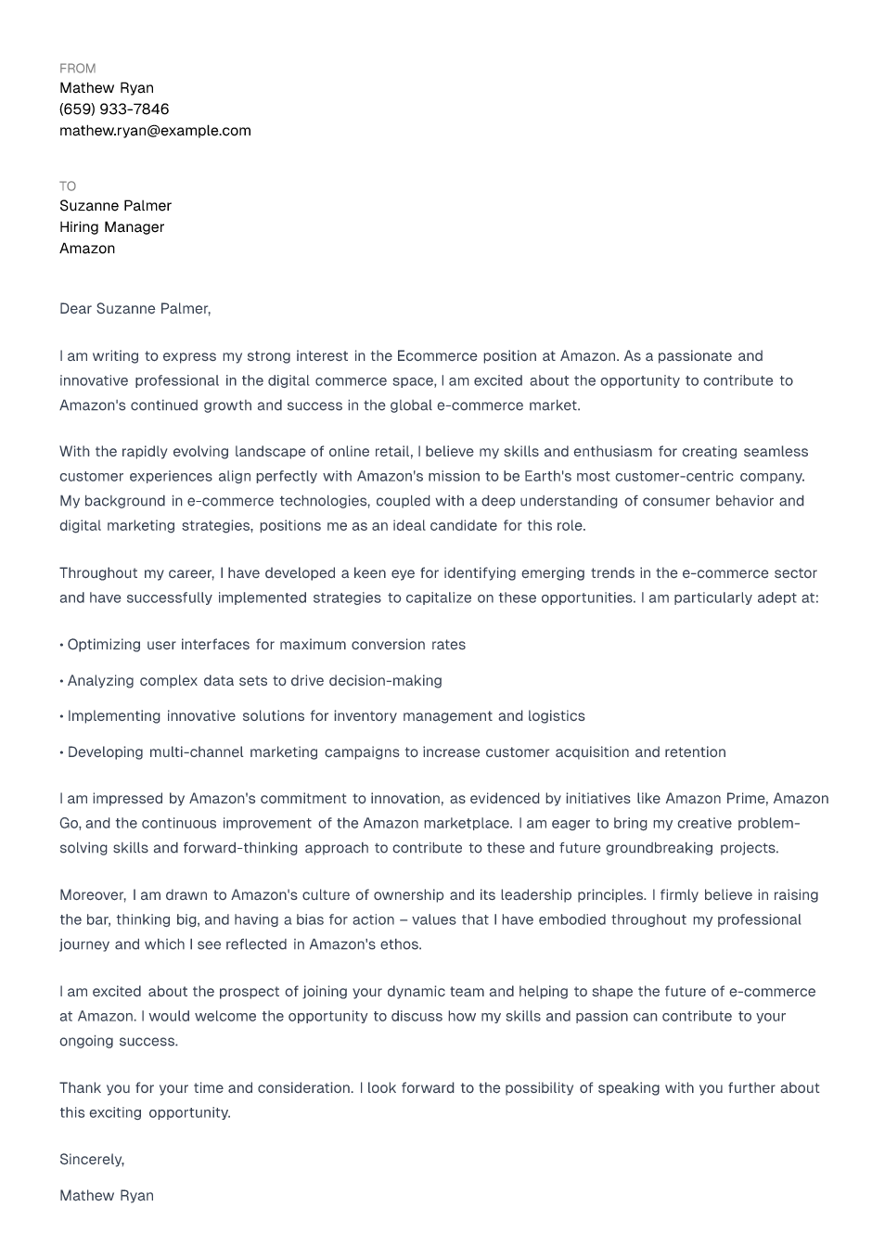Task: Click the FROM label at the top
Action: point(77,69)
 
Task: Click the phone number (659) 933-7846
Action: point(114,109)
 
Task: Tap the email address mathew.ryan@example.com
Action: point(155,131)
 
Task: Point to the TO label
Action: point(68,186)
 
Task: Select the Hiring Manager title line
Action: point(111,227)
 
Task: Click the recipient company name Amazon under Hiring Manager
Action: point(87,249)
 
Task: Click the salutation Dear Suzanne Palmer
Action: point(135,309)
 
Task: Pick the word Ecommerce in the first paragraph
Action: point(434,356)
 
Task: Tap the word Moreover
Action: point(92,895)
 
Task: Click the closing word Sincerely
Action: point(91,1160)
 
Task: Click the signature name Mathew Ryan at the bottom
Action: point(107,1196)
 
